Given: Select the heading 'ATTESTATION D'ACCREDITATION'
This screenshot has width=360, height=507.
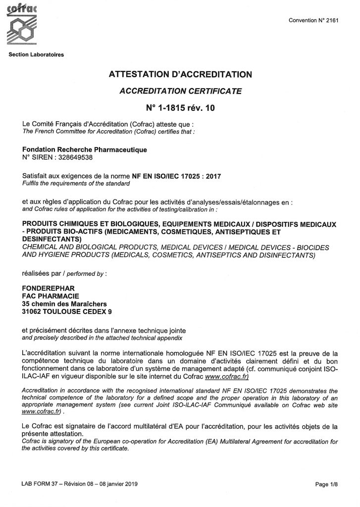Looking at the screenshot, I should [180, 75].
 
